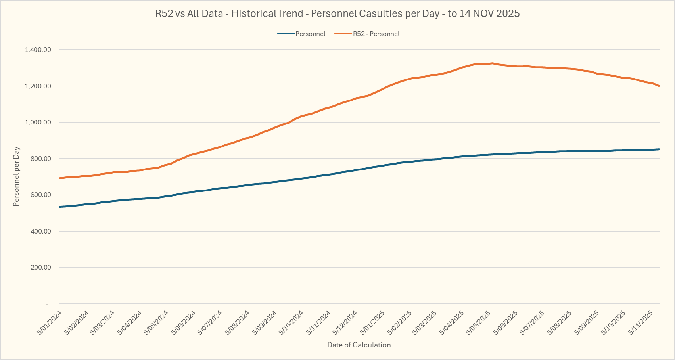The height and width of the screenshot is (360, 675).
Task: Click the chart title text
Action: [337, 13]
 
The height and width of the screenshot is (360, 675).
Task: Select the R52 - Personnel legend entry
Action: [376, 34]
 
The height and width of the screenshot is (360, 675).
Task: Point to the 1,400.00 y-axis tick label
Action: [38, 50]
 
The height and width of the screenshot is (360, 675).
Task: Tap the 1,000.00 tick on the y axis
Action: [38, 123]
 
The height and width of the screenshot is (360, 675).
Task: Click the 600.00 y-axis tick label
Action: [40, 195]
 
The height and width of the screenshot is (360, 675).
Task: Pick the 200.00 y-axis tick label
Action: [40, 268]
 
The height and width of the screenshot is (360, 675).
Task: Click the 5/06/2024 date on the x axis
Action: [184, 322]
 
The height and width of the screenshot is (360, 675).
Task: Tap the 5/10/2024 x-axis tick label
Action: [291, 322]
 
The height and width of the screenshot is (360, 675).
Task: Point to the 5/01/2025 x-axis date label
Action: [372, 322]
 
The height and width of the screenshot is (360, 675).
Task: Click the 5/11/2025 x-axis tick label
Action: [641, 322]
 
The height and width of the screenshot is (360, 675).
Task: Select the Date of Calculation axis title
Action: [359, 345]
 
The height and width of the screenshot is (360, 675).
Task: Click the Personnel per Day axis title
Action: [16, 176]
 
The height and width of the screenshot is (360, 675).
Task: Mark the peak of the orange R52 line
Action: [492, 63]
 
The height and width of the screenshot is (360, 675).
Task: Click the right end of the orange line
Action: [659, 86]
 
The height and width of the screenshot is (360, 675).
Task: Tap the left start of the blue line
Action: [59, 207]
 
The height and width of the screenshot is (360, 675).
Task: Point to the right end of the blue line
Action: [659, 149]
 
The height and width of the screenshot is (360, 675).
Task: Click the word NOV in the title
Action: [481, 13]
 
